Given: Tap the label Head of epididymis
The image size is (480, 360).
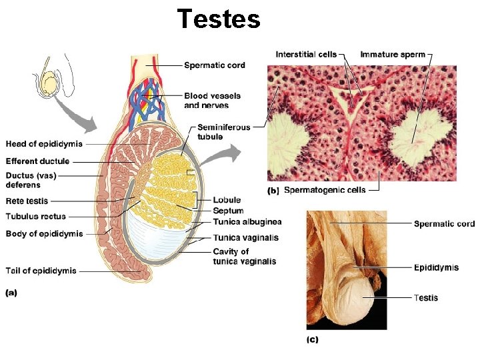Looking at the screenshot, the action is [45, 144].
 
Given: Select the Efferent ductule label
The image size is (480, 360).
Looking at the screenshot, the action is [38, 161].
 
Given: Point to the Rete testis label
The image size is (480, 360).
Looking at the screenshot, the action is [27, 201].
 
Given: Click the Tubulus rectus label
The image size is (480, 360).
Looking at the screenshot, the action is [36, 216].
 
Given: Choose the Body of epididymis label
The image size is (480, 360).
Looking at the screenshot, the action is [45, 233].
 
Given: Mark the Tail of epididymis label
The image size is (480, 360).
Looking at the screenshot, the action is [41, 271].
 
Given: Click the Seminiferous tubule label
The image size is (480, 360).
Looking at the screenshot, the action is [224, 132].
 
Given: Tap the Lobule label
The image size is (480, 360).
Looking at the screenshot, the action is [227, 200].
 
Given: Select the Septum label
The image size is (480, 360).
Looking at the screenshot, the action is [228, 211].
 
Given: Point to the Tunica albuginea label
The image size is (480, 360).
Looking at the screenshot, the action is [247, 221].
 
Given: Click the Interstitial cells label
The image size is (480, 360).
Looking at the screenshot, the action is [306, 54].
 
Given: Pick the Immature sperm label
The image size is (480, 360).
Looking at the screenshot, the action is [393, 54].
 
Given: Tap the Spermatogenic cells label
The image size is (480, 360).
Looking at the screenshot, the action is [325, 190].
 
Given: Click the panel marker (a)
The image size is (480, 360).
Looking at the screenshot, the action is [12, 291].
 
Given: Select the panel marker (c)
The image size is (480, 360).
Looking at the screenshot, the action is [312, 340].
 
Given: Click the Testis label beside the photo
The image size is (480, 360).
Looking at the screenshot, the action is [426, 297].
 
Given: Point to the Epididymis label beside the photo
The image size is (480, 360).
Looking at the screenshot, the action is [436, 267].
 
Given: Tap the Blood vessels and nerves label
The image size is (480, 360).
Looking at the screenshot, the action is [212, 101].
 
